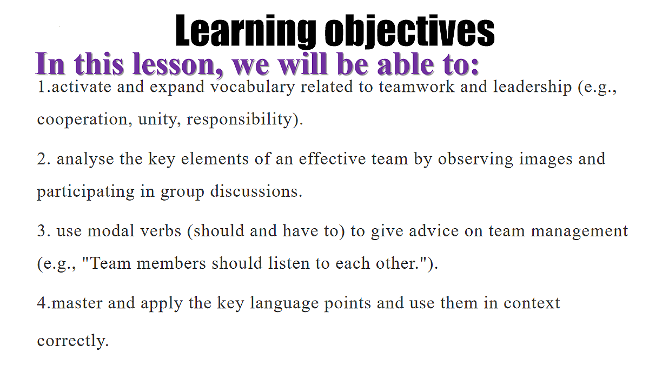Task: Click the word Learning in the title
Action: point(246,31)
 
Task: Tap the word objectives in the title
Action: point(410,31)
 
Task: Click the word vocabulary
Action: point(253,87)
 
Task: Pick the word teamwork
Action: point(416,87)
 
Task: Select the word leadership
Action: point(533,87)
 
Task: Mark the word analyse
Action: point(85,159)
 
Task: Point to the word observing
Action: point(475,160)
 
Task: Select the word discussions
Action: point(256,191)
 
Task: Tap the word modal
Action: point(111,231)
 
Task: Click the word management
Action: point(579,232)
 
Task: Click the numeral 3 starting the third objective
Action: point(43,231)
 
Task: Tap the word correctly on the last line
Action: point(72,341)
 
